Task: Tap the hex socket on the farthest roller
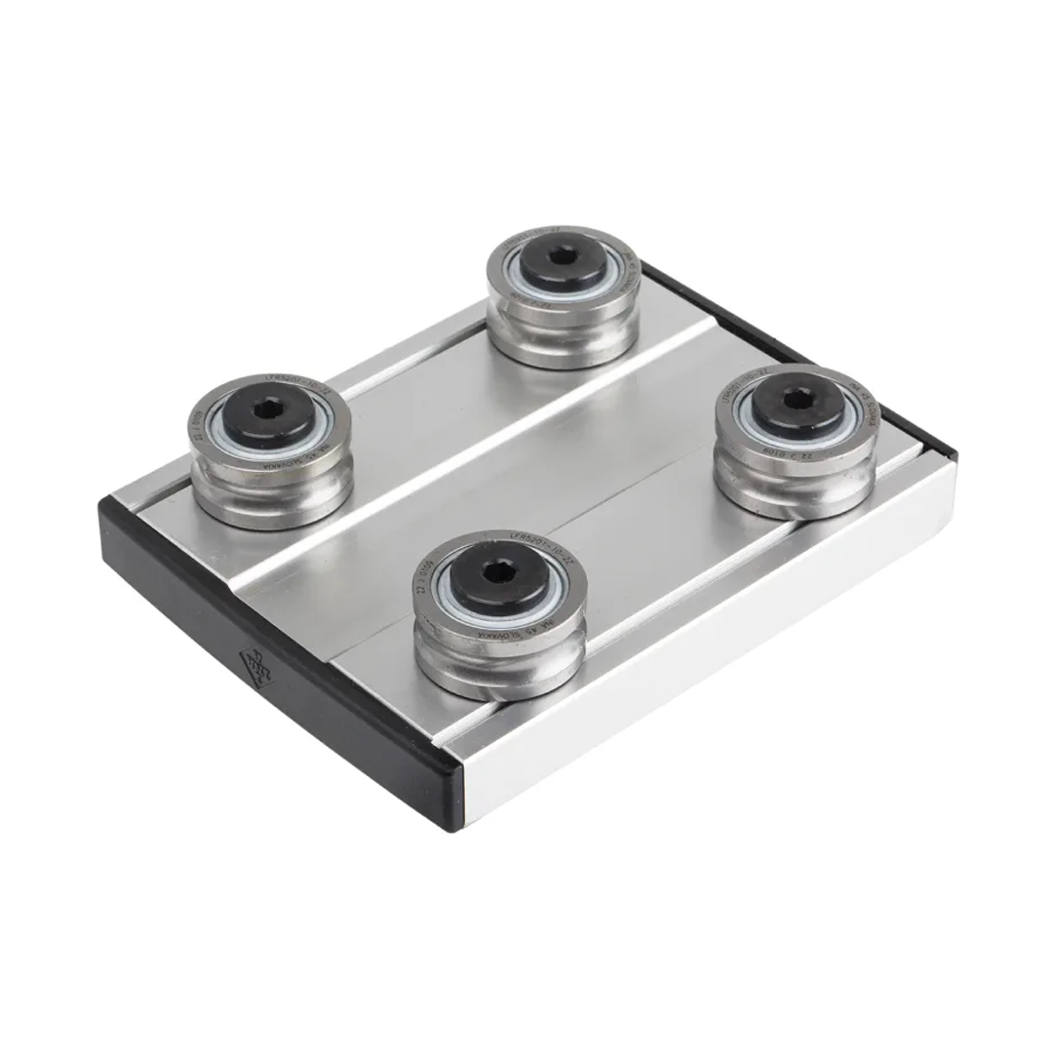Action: (x=563, y=256)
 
